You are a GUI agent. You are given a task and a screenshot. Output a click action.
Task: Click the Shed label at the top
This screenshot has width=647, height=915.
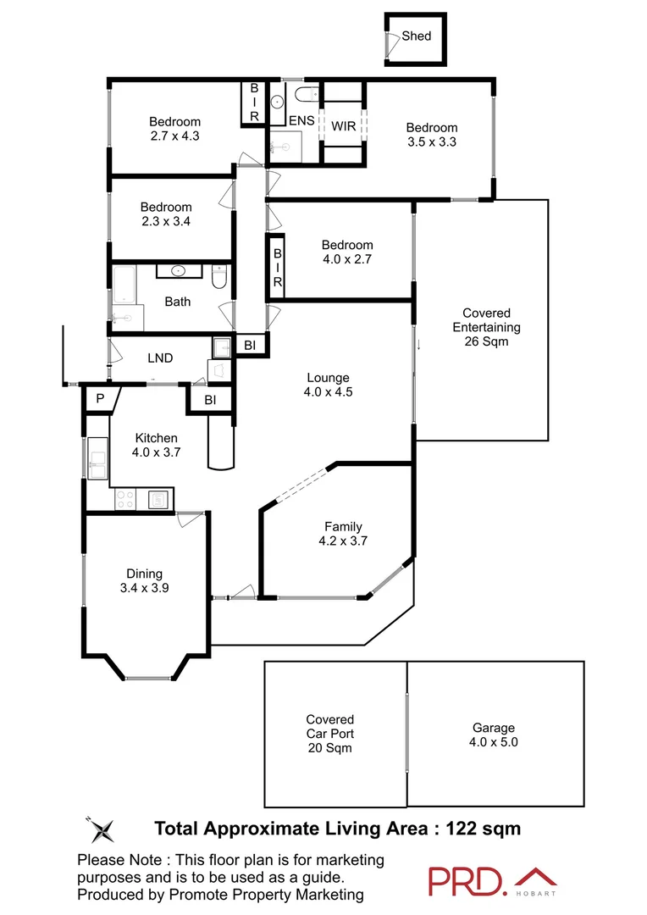416,36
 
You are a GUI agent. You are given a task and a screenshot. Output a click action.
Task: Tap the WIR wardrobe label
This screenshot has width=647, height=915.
343,125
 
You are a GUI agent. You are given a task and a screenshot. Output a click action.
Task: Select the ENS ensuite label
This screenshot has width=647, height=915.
301,121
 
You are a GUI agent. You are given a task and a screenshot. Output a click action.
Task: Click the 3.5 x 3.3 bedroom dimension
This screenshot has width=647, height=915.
432,142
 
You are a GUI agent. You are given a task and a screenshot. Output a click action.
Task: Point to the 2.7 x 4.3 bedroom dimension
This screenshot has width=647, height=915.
174,135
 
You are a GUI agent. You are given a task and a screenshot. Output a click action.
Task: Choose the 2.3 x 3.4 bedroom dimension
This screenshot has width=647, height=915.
166,221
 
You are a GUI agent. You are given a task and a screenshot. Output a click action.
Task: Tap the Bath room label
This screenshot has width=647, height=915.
178,301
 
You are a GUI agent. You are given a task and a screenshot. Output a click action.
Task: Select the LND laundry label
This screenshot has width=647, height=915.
160,358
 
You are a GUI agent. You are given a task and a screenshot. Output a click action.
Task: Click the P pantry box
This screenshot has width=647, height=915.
99,399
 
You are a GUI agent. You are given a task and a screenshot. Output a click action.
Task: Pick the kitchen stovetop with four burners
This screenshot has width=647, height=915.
126,500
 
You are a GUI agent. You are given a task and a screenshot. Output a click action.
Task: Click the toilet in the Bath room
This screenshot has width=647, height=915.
219,277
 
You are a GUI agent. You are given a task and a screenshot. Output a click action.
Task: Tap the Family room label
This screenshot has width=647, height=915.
342,526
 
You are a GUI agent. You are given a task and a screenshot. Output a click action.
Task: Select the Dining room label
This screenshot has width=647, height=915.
144,573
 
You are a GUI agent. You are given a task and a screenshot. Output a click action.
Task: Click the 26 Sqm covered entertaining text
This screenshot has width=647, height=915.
486,342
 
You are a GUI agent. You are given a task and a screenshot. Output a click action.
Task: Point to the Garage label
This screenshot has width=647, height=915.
494,727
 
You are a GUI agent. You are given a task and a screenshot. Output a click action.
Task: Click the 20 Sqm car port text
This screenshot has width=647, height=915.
329,748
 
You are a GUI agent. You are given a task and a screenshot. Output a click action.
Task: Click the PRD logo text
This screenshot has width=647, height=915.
465,881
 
